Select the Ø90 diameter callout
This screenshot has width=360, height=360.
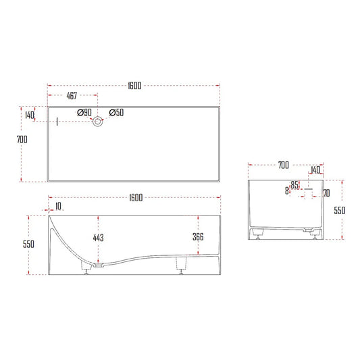click(84, 113)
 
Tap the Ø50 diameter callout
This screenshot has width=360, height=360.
click(115, 113)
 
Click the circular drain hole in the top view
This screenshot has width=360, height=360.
click(99, 122)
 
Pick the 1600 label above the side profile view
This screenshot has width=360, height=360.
click(135, 197)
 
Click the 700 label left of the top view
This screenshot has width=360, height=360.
click(22, 139)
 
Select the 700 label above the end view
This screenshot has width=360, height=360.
click(283, 165)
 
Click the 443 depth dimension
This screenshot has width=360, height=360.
click(99, 237)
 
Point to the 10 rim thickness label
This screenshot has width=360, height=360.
click(58, 205)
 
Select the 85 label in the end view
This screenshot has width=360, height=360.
click(294, 184)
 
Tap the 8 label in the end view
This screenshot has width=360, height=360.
click(287, 192)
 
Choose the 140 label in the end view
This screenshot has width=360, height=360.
click(315, 170)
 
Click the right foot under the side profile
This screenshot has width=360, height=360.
click(181, 265)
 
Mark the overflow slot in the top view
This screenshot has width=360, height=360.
click(58, 122)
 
